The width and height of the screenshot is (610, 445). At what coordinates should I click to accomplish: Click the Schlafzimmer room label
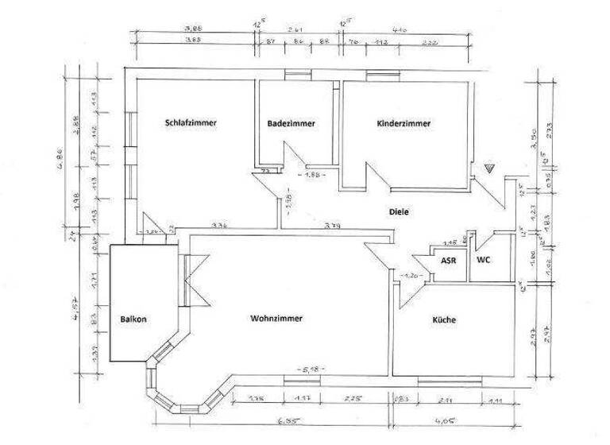[x=191, y=123]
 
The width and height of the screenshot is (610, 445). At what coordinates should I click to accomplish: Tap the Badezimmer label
[x=291, y=124]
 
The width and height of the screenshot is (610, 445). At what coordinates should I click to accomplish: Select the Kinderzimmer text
[x=403, y=124]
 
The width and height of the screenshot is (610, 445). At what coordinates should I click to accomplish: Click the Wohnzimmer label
[x=276, y=318]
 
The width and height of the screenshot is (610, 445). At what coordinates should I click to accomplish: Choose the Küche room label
[x=443, y=319]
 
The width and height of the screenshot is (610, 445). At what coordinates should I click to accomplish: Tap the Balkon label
[x=133, y=319]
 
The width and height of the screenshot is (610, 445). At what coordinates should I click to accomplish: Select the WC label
[x=483, y=260]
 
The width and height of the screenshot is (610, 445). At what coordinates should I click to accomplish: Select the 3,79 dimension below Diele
[x=332, y=226]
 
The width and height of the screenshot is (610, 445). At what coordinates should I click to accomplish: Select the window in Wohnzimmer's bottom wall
[x=303, y=378]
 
